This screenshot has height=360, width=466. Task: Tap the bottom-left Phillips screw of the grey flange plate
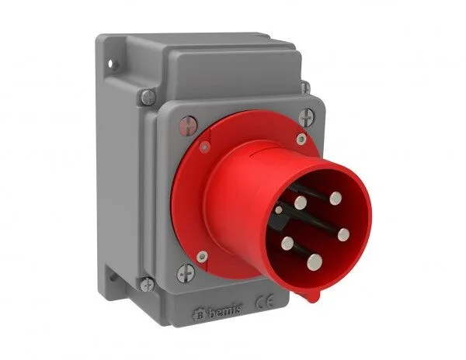[183, 272]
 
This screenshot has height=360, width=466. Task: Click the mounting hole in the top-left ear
[110, 59]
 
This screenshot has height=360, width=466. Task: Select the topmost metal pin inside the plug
[335, 198]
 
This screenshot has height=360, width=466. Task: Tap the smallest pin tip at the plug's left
[278, 209]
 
